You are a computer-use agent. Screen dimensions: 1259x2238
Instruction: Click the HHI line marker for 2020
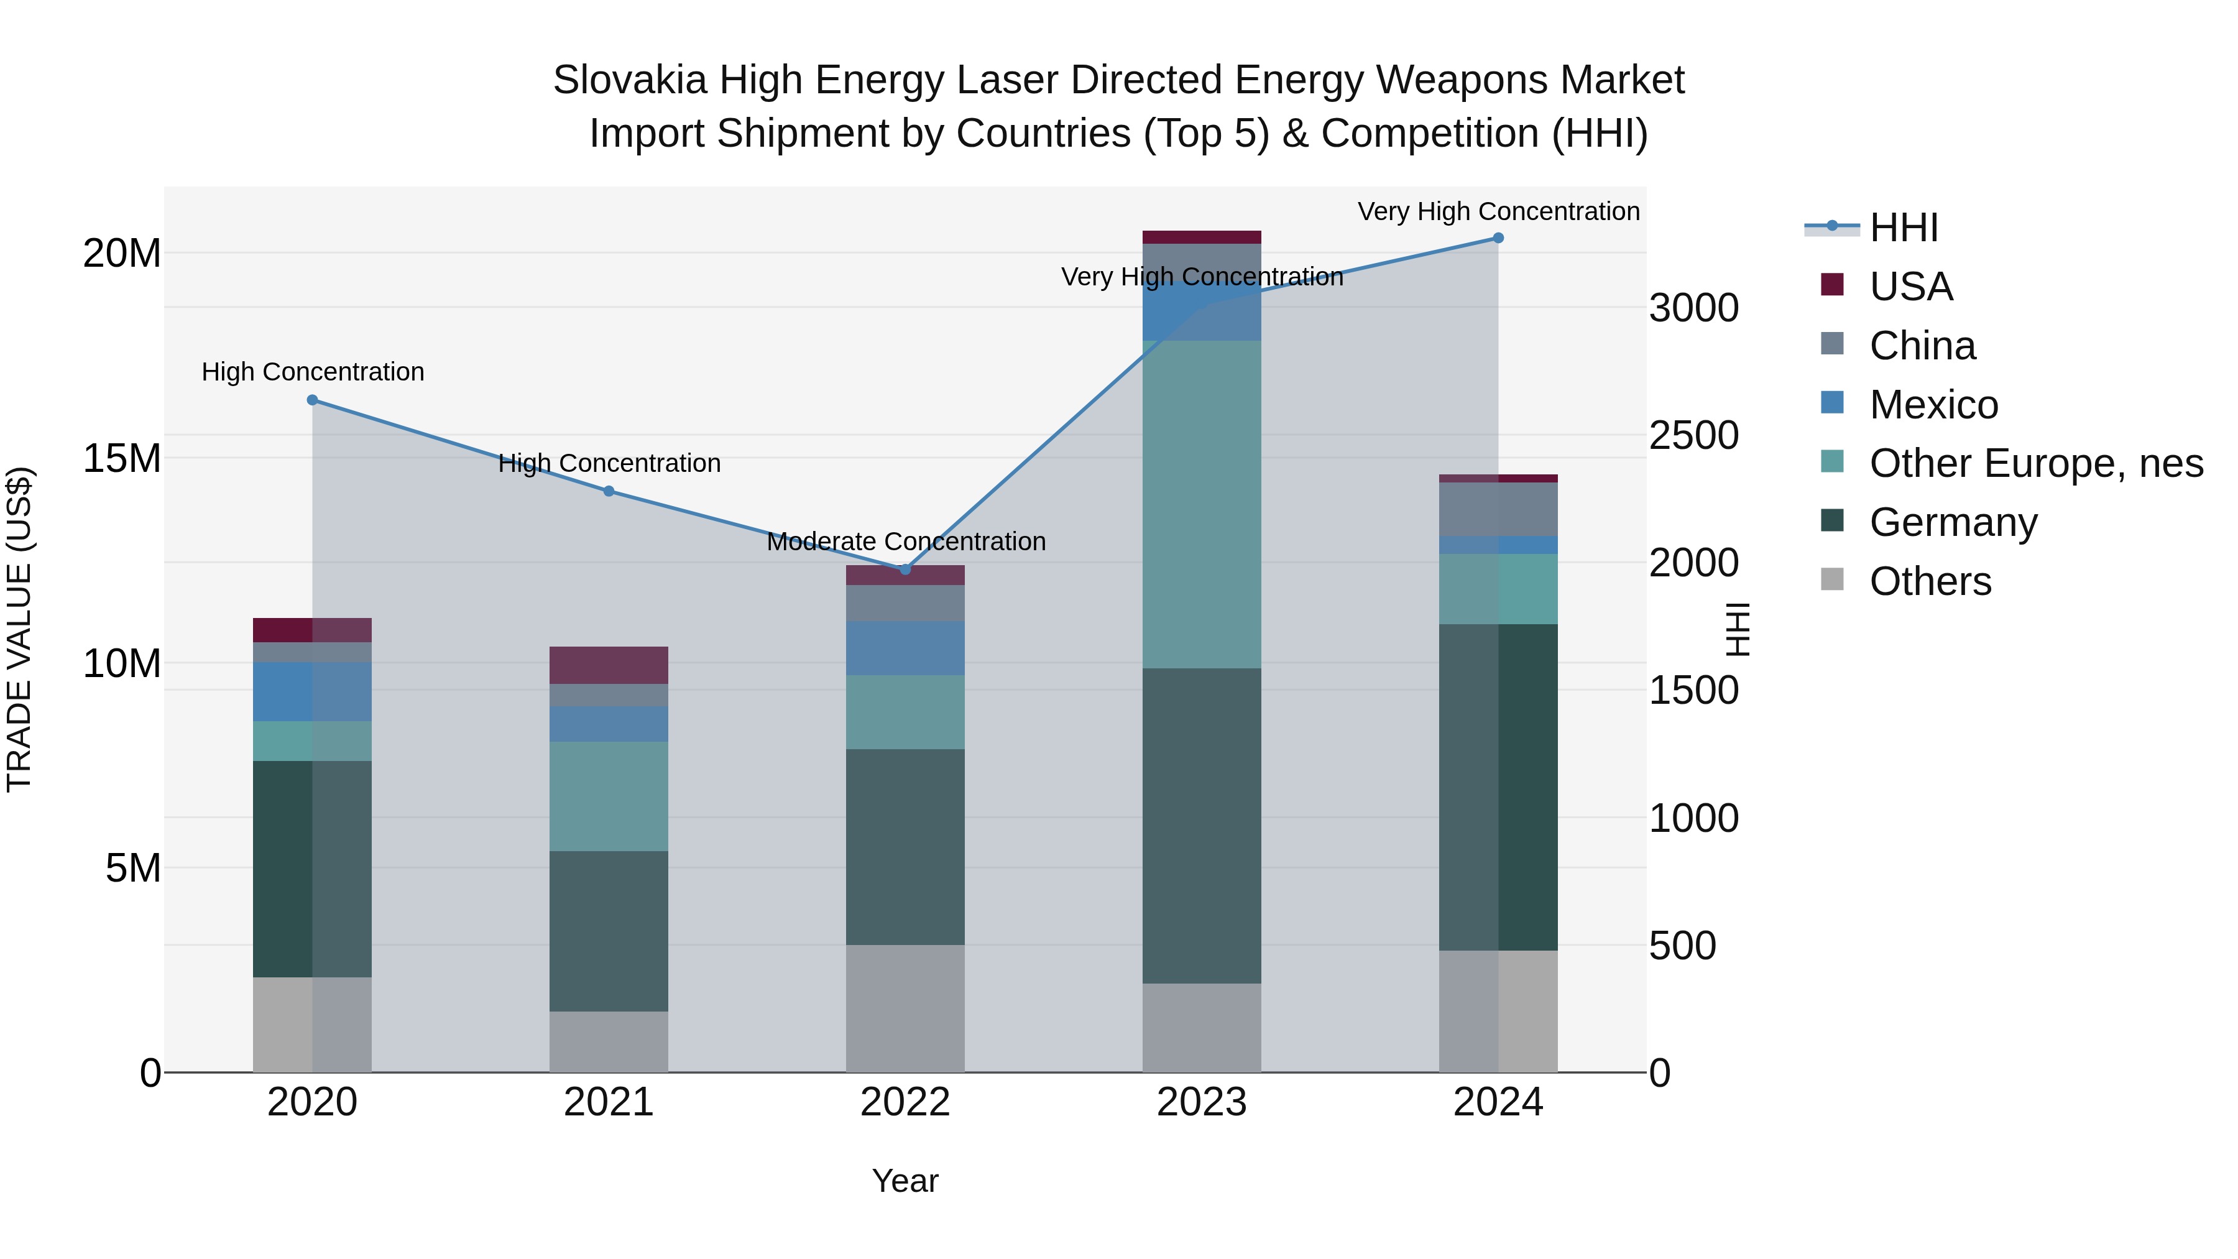pyautogui.click(x=313, y=400)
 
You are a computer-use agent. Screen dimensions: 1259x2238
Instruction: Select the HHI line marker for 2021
pyautogui.click(x=609, y=492)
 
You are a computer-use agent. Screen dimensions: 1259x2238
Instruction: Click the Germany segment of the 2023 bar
pyautogui.click(x=1202, y=826)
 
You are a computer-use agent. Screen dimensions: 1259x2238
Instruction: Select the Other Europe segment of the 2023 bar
pyautogui.click(x=1202, y=504)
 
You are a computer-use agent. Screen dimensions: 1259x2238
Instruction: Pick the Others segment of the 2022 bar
pyautogui.click(x=905, y=1008)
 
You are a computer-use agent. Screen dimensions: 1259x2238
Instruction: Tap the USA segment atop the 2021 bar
pyautogui.click(x=609, y=665)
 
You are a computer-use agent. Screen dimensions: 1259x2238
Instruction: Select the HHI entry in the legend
pyautogui.click(x=1903, y=228)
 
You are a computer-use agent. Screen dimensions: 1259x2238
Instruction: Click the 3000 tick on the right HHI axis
pyautogui.click(x=1693, y=308)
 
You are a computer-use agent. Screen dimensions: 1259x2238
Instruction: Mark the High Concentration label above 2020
pyautogui.click(x=313, y=372)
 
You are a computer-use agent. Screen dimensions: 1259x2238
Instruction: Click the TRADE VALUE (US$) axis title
pyautogui.click(x=19, y=629)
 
